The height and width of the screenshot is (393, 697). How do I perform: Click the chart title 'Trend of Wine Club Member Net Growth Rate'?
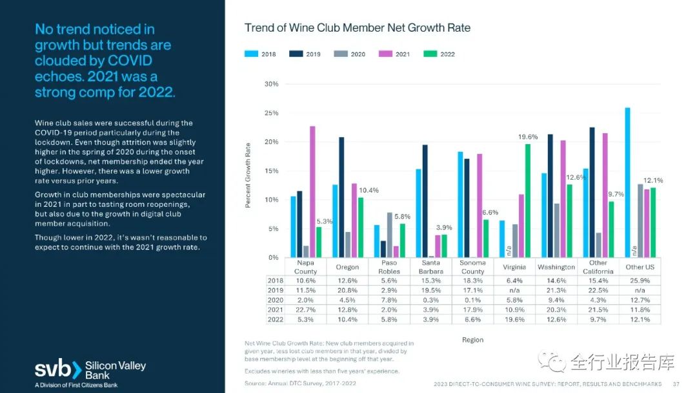(x=357, y=28)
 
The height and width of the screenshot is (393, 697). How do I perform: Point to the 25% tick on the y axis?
(x=271, y=113)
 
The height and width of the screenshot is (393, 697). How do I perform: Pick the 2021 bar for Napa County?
(x=312, y=191)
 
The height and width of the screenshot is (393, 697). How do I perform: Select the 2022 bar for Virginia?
(x=528, y=200)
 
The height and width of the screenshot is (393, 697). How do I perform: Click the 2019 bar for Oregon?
(x=341, y=197)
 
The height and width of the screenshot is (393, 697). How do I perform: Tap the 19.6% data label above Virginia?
(x=528, y=137)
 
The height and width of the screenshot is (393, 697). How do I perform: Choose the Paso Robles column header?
(x=389, y=268)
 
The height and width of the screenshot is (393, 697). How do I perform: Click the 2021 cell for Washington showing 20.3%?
(x=556, y=310)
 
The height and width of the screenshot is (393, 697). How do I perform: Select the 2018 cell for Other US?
(x=640, y=281)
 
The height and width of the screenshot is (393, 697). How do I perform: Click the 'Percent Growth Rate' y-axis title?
(x=248, y=175)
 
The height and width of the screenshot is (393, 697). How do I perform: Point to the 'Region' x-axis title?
(x=472, y=340)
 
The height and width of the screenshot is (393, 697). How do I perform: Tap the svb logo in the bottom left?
(x=58, y=370)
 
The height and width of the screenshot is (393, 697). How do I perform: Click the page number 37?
(x=676, y=384)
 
